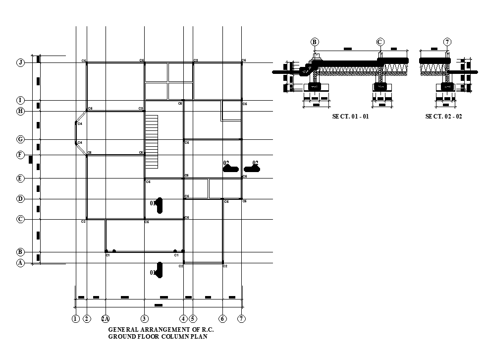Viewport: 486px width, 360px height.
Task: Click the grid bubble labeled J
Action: [20, 62]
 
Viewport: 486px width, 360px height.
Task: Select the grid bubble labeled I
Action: [20, 101]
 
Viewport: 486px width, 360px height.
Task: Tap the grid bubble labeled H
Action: [20, 111]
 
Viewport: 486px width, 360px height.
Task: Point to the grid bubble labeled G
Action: [20, 139]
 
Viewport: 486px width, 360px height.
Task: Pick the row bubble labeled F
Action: [20, 155]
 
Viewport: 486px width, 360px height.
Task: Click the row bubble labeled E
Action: [20, 178]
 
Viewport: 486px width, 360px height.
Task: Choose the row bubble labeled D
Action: [20, 199]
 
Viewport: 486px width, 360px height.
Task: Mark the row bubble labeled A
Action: [20, 263]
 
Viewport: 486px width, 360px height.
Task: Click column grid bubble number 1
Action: [75, 319]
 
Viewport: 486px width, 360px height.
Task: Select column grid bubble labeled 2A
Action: [106, 319]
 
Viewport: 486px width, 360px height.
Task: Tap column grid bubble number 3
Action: [144, 319]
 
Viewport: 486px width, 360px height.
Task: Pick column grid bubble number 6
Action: [222, 319]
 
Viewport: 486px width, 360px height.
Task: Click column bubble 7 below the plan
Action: [241, 319]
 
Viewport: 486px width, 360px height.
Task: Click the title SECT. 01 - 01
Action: [350, 117]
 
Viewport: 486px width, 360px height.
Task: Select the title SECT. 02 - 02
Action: [443, 117]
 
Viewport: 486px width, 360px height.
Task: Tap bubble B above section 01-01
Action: [315, 42]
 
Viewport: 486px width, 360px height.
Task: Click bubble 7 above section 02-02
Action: [447, 42]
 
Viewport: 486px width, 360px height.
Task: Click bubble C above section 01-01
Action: [380, 42]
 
